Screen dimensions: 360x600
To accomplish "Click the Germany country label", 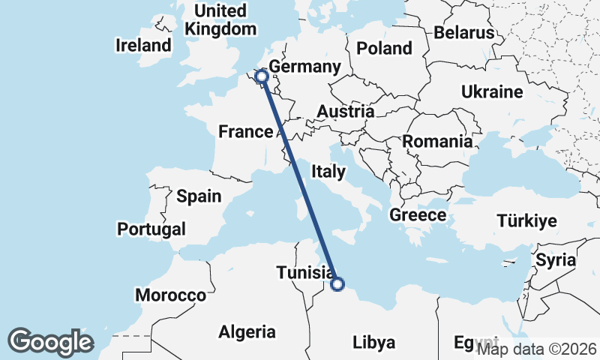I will [304, 67].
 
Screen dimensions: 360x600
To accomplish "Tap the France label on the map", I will [245, 133].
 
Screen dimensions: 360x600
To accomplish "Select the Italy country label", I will [330, 172].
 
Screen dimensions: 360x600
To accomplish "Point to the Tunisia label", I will [304, 273].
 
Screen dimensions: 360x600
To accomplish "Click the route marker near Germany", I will [262, 76].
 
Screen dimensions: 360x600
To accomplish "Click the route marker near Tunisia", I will [337, 283].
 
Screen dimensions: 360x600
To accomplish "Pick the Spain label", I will [199, 196].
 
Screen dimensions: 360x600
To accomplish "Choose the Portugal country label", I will [151, 229].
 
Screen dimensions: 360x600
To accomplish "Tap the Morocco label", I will [170, 295].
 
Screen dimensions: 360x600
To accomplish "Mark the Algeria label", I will [247, 331].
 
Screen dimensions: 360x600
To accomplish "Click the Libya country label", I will [373, 343].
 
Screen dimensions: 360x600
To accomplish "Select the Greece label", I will [418, 215].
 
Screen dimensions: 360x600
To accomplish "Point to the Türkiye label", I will [526, 220].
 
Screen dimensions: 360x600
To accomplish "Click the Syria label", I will [555, 260].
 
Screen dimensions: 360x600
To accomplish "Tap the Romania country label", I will [437, 141].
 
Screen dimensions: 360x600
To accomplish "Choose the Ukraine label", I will [492, 92].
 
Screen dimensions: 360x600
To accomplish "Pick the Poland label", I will [385, 49].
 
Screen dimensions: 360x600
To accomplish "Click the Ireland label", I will [143, 45].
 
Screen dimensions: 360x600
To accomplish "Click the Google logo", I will [50, 341].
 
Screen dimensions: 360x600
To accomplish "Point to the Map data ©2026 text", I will [537, 349].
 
